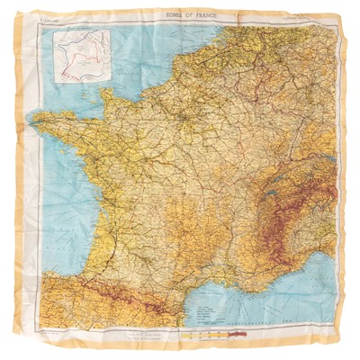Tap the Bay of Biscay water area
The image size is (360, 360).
(x=54, y=216)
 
